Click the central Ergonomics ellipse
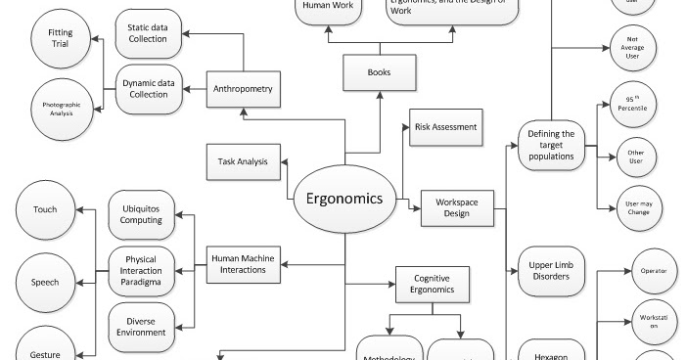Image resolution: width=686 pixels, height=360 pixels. tap(345, 196)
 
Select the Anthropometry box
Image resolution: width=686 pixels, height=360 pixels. tap(243, 91)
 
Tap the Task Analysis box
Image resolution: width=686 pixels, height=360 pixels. tap(243, 161)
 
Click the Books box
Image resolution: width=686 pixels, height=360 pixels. tap(380, 72)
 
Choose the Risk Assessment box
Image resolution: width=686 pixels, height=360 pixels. tap(444, 127)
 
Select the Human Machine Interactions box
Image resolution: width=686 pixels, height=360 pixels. tap(243, 264)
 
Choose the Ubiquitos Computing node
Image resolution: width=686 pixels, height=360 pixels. tap(142, 214)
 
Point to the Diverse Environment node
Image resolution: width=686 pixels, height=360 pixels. tap(142, 326)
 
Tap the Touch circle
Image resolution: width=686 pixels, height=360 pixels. tap(45, 209)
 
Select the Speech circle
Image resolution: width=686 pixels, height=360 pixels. tap(45, 282)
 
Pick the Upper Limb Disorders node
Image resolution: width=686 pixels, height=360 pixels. tap(551, 269)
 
